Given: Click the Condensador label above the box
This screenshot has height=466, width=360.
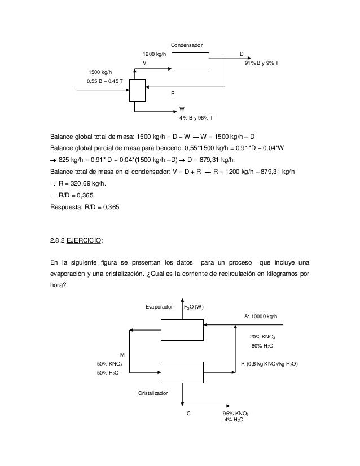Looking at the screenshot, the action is tap(186, 45).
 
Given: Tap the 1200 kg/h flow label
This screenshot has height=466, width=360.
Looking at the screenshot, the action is tap(154, 54).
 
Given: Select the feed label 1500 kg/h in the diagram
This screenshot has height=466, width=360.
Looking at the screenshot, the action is tap(100, 72).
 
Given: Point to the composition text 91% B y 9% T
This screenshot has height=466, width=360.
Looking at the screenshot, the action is tap(262, 63).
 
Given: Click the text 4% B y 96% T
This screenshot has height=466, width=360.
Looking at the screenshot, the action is tap(196, 118).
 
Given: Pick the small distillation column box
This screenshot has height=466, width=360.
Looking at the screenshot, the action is tap(137, 90).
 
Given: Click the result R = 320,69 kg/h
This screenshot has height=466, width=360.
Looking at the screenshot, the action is tap(82, 184).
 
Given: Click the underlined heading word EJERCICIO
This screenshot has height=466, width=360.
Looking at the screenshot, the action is tap(84, 240).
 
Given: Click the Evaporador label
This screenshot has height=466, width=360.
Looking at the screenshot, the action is tap(159, 307).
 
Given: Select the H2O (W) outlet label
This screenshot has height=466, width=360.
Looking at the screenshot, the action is tap(194, 307).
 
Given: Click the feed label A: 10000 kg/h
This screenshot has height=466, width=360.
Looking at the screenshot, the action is tap(261, 316).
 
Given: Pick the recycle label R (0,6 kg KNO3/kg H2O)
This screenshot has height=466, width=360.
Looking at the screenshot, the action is tap(269, 364).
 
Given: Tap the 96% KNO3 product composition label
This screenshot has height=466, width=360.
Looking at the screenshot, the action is tap(236, 414).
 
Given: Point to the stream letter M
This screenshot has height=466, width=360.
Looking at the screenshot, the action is tap(122, 355).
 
